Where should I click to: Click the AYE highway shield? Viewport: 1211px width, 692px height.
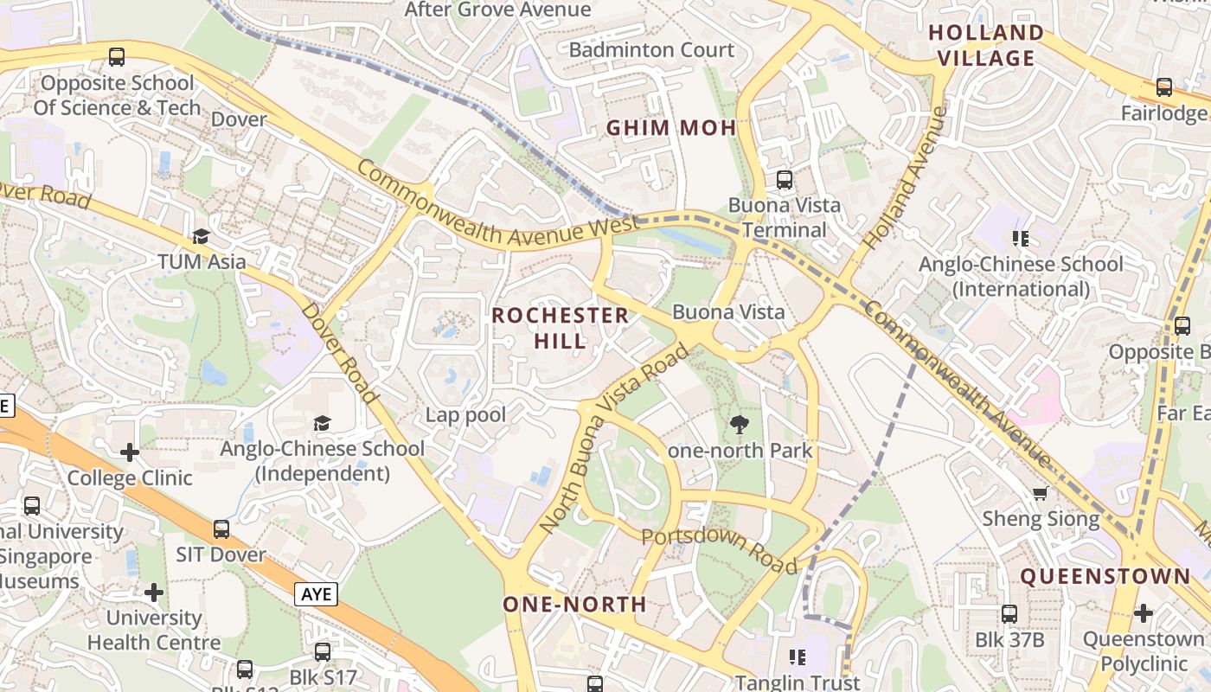pos(316,594)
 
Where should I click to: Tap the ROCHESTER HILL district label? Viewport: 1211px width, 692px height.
pos(561,327)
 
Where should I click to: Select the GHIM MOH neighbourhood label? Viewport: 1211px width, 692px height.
pos(671,128)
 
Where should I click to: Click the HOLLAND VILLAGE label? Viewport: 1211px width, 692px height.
pos(986,46)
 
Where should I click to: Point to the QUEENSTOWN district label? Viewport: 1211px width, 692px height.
pos(1105,576)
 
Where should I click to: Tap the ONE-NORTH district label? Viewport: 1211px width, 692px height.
pos(575,604)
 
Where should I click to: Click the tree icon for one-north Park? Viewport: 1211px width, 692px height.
pos(740,424)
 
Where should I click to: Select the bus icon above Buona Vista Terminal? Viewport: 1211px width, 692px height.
pos(785,180)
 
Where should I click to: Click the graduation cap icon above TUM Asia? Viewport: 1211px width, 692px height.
pos(202,236)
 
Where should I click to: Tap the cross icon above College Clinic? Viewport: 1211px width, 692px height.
pos(130,452)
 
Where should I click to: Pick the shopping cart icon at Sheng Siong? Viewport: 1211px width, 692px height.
pos(1041,493)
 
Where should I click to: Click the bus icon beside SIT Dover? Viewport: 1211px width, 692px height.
pos(221,529)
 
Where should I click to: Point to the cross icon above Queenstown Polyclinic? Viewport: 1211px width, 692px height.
pos(1143,613)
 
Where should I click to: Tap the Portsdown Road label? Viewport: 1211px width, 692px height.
pos(720,549)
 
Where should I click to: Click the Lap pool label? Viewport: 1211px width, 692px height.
pos(465,415)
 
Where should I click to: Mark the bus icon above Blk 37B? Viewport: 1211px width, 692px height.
pos(1009,614)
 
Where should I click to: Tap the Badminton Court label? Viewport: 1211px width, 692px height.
pos(651,50)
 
